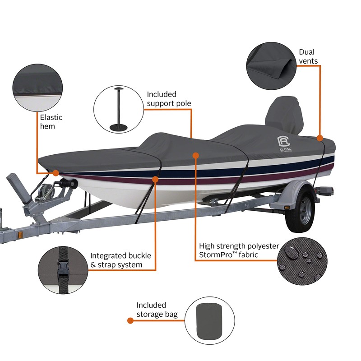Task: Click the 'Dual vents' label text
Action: [x=308, y=56]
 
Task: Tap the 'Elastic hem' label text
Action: [x=51, y=122]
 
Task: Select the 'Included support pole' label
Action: [x=169, y=99]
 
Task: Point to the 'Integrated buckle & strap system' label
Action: [x=120, y=260]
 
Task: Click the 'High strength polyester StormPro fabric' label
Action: [x=239, y=251]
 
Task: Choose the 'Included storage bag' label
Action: [x=157, y=310]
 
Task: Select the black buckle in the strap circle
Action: [x=61, y=270]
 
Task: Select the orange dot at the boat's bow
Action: [x=56, y=173]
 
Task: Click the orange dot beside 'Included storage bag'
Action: [x=130, y=321]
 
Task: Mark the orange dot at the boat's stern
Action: [x=319, y=138]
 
